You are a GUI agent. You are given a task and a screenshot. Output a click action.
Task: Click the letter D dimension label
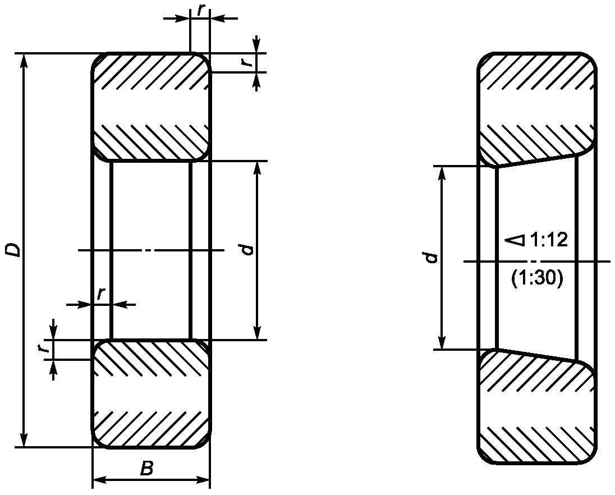(x=12, y=250)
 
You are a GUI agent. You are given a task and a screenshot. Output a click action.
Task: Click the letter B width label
(x=146, y=468)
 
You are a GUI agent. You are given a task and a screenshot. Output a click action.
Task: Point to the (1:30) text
(x=537, y=278)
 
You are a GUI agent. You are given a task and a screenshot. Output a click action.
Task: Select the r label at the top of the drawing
(x=201, y=10)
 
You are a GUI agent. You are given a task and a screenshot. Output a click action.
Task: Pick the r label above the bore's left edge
(x=101, y=294)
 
